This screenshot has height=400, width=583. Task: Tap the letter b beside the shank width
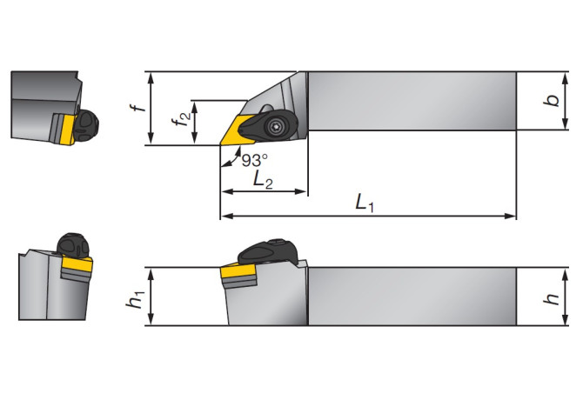point(551,101)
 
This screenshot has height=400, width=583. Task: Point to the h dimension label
point(551,297)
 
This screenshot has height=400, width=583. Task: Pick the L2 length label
point(260,179)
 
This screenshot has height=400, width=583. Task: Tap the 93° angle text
point(253,160)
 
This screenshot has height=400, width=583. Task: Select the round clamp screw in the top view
point(276,125)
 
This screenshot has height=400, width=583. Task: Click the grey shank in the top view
point(409,100)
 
